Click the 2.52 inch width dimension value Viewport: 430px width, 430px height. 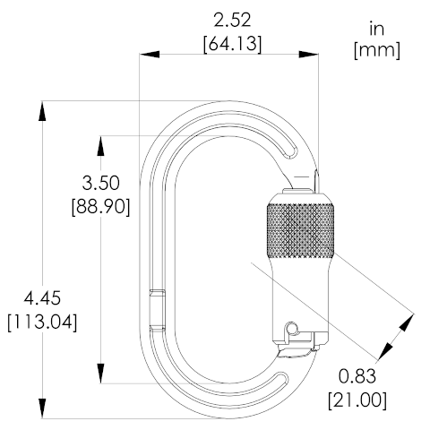pyautogui.click(x=232, y=21)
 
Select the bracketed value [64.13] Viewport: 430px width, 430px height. pyautogui.click(x=232, y=44)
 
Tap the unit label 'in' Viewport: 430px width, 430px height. pyautogui.click(x=376, y=29)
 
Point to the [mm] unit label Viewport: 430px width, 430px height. pyautogui.click(x=377, y=50)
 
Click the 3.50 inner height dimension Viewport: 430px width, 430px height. pyautogui.click(x=100, y=183)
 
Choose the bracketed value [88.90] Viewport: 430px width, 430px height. pyautogui.click(x=101, y=206)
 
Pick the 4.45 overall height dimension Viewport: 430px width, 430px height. pyautogui.click(x=42, y=298)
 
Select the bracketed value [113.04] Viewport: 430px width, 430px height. pyautogui.click(x=42, y=322)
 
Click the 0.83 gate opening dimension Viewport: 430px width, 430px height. pyautogui.click(x=357, y=376)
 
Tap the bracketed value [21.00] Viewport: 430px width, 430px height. pyautogui.click(x=357, y=400)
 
